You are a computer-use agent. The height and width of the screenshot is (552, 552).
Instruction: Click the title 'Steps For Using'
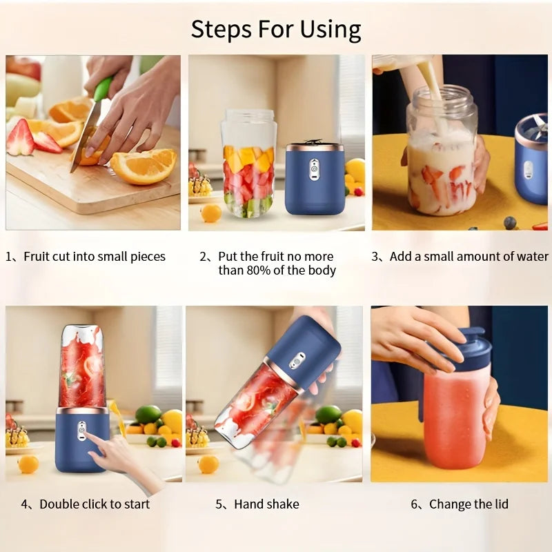276,30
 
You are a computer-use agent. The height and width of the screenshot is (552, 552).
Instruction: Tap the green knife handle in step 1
103,88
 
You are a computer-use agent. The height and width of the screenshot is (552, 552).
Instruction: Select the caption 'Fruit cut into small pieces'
95,257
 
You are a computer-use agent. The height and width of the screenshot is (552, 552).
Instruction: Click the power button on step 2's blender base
315,166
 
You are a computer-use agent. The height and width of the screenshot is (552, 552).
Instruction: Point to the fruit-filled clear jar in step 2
249,169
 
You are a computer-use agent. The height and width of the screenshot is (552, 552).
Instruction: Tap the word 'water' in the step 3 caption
531,257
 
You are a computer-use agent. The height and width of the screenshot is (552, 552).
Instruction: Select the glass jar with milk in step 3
442,159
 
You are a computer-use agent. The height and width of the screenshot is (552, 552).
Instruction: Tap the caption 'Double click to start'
95,504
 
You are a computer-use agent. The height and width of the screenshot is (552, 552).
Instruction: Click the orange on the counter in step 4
28,464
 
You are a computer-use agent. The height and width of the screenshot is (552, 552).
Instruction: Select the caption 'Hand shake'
266,504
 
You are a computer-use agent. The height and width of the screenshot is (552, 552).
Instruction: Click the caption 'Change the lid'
469,504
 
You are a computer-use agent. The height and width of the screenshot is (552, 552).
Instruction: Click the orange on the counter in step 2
210,213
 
